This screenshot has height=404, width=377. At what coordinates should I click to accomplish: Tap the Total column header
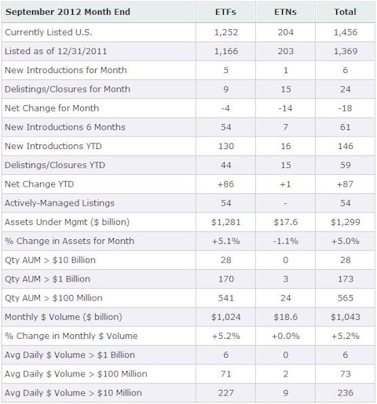click(345, 12)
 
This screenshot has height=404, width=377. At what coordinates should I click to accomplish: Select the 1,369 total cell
click(345, 51)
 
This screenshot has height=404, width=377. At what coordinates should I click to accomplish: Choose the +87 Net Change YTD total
click(345, 184)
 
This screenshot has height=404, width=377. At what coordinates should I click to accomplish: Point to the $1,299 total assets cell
click(345, 222)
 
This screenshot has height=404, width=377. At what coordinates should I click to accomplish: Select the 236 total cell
click(345, 393)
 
